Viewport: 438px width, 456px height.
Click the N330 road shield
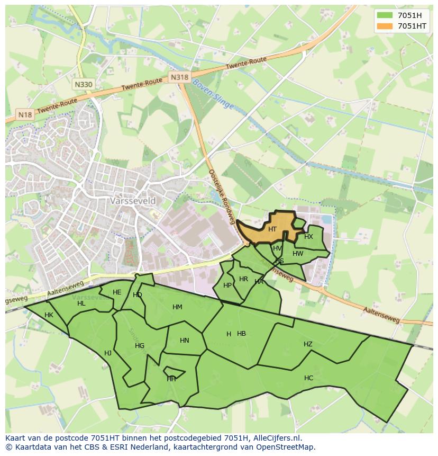pos(84,84)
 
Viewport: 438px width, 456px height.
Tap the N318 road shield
pos(179,77)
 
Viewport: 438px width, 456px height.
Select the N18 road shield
pos(25,114)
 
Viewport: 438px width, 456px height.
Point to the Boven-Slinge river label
pos(213,94)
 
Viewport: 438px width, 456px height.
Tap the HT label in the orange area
pos(272,229)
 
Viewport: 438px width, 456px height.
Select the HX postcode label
pos(308,237)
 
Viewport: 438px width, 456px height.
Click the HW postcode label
pos(298,254)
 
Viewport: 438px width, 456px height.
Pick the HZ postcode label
pos(308,344)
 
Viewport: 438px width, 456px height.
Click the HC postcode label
pos(308,378)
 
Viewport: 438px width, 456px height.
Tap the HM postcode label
pos(177,307)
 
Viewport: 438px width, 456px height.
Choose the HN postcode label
pos(184,341)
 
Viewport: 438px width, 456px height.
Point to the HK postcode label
pos(49,315)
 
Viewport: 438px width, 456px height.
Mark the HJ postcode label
pos(108,353)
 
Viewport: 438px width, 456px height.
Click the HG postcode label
pos(140,346)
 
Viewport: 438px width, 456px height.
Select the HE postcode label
pos(117,292)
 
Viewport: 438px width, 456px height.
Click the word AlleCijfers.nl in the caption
pos(276,438)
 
